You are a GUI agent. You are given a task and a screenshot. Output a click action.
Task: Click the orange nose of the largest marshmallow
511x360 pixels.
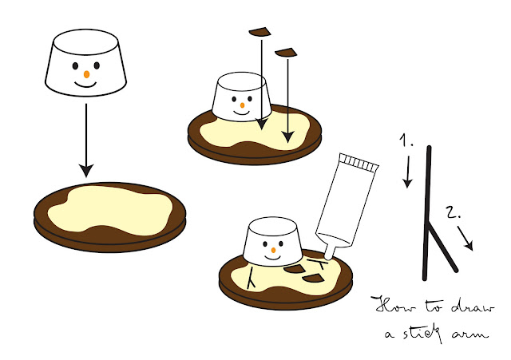tap(86, 74)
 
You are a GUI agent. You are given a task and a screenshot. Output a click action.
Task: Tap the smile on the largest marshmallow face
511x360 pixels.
tap(85, 85)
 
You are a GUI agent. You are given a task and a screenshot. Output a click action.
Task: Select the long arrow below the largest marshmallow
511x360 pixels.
tap(86, 140)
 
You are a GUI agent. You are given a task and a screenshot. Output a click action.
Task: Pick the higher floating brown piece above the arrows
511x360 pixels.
tap(259, 32)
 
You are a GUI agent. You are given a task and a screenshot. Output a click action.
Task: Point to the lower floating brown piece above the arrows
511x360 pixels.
tap(286, 53)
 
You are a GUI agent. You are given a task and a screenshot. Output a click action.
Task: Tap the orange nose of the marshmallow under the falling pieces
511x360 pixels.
tap(242, 105)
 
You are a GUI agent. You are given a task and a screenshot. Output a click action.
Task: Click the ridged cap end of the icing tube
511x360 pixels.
tap(358, 162)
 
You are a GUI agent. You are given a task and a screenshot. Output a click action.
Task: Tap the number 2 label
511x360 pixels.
tap(453, 212)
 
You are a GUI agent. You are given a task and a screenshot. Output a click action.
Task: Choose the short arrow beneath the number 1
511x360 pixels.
tap(407, 172)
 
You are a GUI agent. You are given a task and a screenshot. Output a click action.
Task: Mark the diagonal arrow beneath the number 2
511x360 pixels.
tap(465, 239)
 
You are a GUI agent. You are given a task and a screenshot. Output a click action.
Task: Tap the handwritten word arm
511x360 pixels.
tap(471, 334)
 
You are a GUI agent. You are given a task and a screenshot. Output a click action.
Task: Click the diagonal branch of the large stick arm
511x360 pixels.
tap(442, 247)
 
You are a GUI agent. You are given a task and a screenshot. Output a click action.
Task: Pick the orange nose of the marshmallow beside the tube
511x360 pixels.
tap(273, 250)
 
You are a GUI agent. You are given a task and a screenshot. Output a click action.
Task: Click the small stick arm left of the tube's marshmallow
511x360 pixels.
tap(251, 278)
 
